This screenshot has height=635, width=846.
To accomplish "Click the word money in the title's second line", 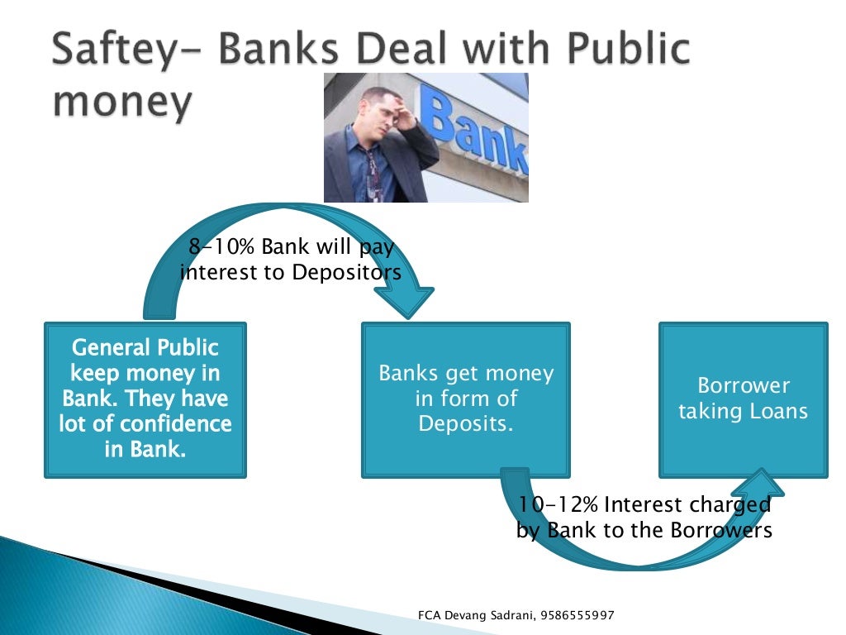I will click(x=122, y=103).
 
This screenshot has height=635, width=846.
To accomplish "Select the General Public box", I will click(x=145, y=399).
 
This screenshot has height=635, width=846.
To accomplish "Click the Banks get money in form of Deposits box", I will click(x=465, y=399).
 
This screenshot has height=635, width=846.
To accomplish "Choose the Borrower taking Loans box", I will click(x=743, y=399).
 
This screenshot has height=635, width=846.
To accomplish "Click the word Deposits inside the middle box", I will click(x=465, y=423).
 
